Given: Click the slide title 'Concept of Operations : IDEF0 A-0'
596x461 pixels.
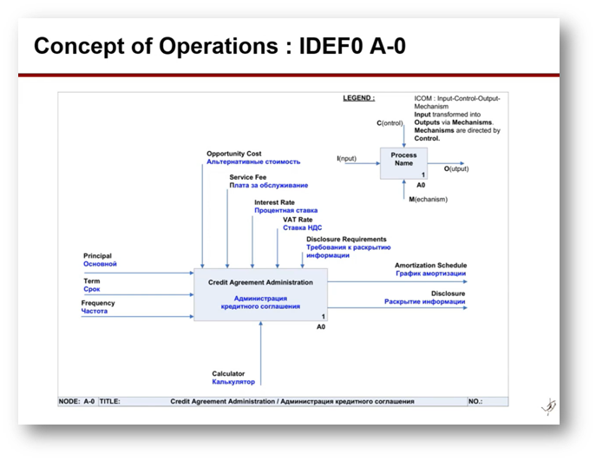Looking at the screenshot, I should coord(219,46).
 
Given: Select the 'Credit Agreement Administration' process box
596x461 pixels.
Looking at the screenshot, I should coord(259,294).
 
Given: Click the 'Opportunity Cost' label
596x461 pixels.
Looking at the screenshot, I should coord(233,154).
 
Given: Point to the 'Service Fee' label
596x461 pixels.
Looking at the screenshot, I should coord(248,177).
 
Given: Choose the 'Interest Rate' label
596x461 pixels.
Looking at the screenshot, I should coord(274,202).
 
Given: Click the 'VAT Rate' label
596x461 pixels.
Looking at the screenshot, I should coord(298,220).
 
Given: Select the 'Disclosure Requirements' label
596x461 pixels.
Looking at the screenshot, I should coord(346,239).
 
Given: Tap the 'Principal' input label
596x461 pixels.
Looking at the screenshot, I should coord(97,256).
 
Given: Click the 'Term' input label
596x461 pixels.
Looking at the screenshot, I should coord(91,281).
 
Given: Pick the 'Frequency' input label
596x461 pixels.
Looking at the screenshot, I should coord(98,303).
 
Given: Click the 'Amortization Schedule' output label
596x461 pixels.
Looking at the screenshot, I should coord(430,265).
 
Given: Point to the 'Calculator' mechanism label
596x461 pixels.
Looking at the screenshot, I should coord(228,374).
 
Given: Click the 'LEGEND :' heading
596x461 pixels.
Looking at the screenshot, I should coord(358,99).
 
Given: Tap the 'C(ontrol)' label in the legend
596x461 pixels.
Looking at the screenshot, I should coord(390,123).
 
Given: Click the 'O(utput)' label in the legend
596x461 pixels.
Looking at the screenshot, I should coord(457,168).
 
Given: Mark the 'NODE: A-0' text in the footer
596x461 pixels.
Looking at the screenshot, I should coord(76,402).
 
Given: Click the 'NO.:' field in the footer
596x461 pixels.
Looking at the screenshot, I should coord(475,402).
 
